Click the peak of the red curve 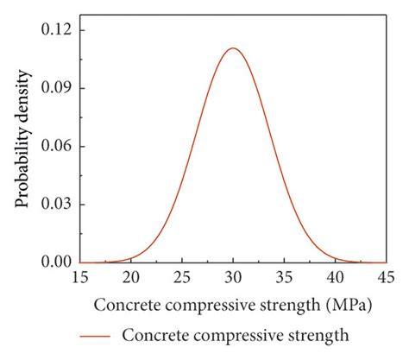233,48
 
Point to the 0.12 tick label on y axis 54,30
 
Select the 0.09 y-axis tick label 54,88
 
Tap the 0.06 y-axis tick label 54,146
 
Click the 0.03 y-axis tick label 54,204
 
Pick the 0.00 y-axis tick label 54,262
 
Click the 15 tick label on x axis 80,277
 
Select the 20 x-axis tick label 131,277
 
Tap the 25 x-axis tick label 182,277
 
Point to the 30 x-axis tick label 233,277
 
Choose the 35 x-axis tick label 284,277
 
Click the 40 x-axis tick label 335,277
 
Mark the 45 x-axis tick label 385,277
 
